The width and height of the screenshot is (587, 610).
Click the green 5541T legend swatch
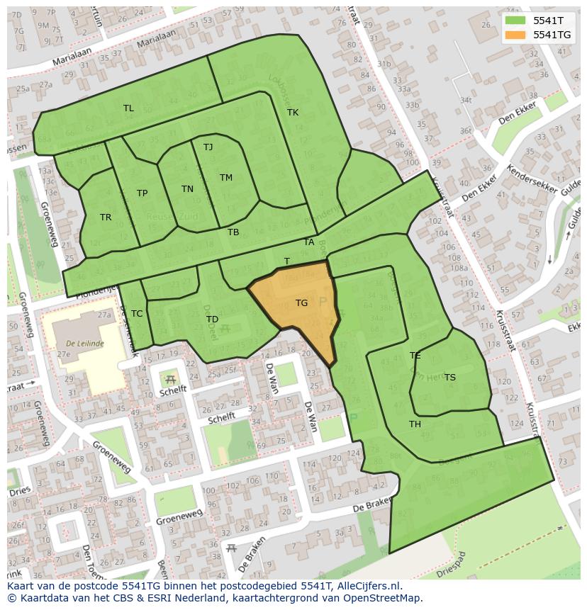(x=515, y=21)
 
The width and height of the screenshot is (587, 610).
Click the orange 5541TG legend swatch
(x=515, y=35)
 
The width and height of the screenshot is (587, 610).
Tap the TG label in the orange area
(x=301, y=303)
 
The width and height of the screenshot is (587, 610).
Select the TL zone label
(x=128, y=108)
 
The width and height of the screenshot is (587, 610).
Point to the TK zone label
(x=293, y=113)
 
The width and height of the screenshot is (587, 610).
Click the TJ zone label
(x=208, y=147)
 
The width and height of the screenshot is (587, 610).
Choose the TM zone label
(x=226, y=178)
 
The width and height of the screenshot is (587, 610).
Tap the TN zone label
(x=187, y=189)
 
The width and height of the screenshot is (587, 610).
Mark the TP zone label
(x=142, y=193)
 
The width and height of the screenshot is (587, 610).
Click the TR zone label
(x=106, y=218)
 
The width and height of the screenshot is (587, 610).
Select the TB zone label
(x=233, y=232)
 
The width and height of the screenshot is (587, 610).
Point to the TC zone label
(x=137, y=314)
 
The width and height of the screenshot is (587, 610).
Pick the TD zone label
(x=213, y=320)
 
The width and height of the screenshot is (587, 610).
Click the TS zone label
(x=450, y=378)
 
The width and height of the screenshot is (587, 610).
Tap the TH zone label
(x=415, y=424)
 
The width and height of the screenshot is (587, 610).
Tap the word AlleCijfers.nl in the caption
(x=368, y=586)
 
